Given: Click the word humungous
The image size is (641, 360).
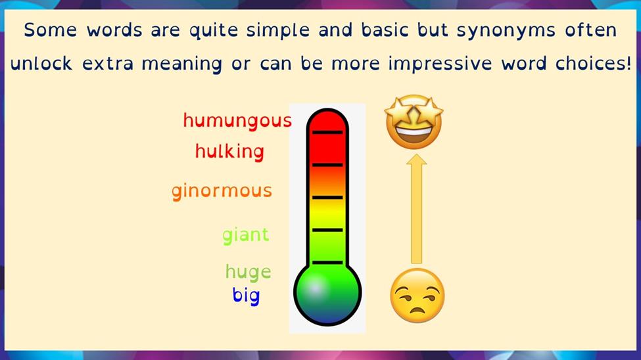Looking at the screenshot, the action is [x=237, y=121].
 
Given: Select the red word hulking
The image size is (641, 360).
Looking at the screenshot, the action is [x=229, y=152].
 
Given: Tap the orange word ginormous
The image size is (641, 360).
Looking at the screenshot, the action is [x=222, y=191].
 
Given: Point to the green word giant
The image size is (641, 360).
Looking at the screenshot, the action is [x=246, y=235].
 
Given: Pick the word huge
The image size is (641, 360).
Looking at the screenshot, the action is [x=248, y=272].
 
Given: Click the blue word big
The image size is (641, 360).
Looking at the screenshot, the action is [x=246, y=296].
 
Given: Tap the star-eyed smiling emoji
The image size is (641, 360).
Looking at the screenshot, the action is [x=414, y=122].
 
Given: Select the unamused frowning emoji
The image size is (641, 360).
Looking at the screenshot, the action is [x=417, y=296].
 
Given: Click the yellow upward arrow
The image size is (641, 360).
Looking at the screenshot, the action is [x=416, y=208].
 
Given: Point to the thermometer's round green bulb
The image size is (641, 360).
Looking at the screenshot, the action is [x=327, y=292].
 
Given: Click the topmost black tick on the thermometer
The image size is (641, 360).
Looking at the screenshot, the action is [x=327, y=133].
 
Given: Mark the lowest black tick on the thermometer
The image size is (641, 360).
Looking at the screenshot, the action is [x=327, y=262].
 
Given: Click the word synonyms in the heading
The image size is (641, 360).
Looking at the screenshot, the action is [x=506, y=31].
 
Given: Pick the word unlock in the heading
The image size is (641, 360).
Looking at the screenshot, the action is [x=41, y=63].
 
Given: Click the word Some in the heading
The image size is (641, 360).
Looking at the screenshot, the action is [x=50, y=30].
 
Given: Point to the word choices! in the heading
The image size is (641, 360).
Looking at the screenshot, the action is [x=593, y=63].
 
